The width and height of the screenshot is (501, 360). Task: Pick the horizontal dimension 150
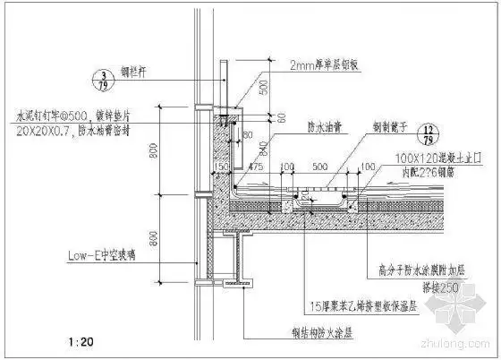tap(217, 166)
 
